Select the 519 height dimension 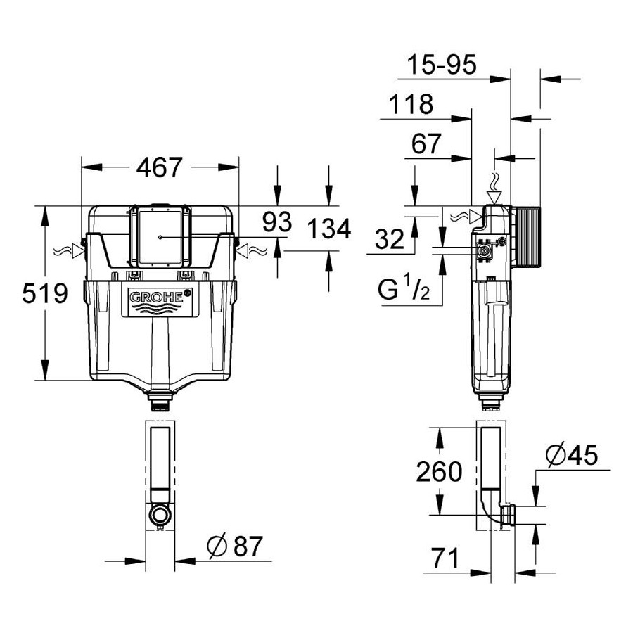(45, 293)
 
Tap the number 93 (277, 222)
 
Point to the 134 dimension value (329, 229)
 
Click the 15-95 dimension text (441, 65)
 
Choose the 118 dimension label (411, 104)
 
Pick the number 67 (426, 143)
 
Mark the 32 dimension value (390, 238)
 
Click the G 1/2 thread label (404, 289)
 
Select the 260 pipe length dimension (439, 471)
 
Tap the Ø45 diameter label (571, 455)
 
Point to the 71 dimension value (445, 558)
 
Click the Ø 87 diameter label (235, 546)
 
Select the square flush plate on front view (160, 237)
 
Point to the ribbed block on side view (525, 236)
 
